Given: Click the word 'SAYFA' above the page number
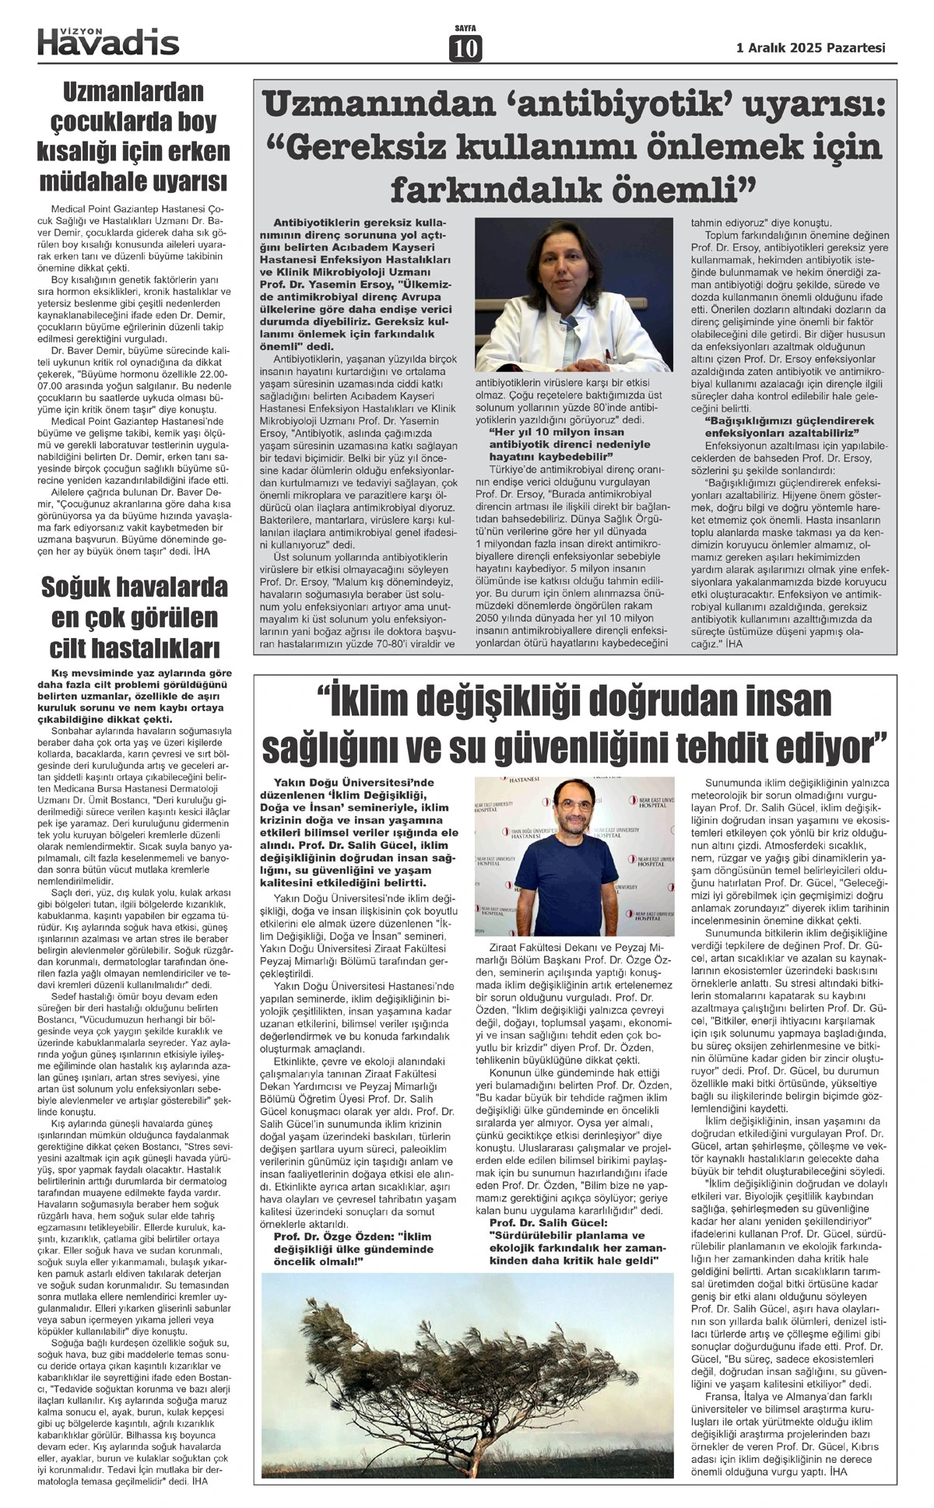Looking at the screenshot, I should pos(465,29).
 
